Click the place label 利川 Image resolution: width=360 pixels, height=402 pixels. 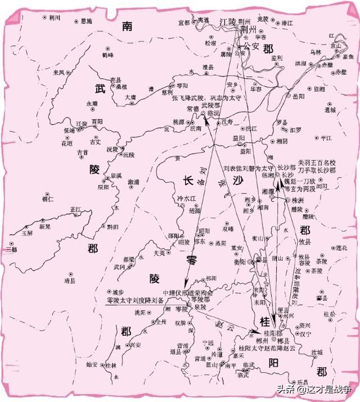pyautogui.click(x=55, y=17)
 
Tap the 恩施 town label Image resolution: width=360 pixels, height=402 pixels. pyautogui.click(x=86, y=21)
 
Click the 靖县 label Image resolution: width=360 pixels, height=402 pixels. pyautogui.click(x=70, y=279)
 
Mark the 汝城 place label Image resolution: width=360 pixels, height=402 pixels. pyautogui.click(x=317, y=352)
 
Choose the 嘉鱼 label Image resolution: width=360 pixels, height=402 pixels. pyautogui.click(x=348, y=57)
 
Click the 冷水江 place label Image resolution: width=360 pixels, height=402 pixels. pyautogui.click(x=187, y=198)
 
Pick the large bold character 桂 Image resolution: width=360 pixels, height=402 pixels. pyautogui.click(x=264, y=322)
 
